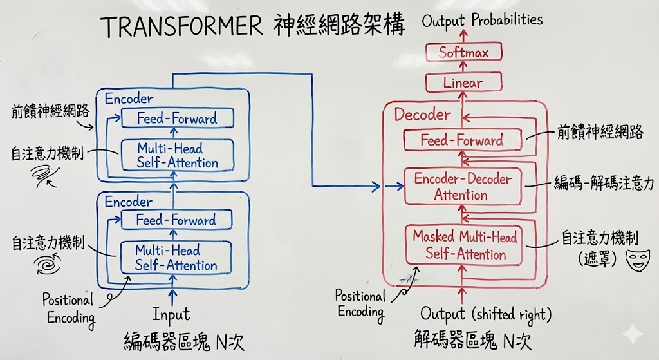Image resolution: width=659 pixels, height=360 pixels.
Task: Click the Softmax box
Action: pyautogui.click(x=463, y=53)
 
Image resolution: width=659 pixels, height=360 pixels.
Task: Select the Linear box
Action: pyautogui.click(x=463, y=82)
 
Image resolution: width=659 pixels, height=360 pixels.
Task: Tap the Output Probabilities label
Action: pyautogui.click(x=482, y=21)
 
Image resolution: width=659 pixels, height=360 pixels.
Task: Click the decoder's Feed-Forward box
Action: pyautogui.click(x=461, y=140)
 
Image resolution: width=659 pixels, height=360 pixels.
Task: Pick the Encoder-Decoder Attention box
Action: pyautogui.click(x=461, y=186)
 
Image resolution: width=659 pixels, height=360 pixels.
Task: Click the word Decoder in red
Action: pyautogui.click(x=422, y=115)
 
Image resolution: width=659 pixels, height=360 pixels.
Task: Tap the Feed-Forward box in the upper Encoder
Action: pyautogui.click(x=177, y=118)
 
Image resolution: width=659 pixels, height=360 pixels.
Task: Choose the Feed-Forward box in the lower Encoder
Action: pyautogui.click(x=176, y=220)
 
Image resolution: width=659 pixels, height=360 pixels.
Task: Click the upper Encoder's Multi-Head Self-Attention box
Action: pyautogui.click(x=177, y=156)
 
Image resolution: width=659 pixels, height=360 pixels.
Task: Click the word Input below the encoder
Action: pyautogui.click(x=171, y=314)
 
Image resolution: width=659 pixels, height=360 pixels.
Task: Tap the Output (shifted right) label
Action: pyautogui.click(x=486, y=315)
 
